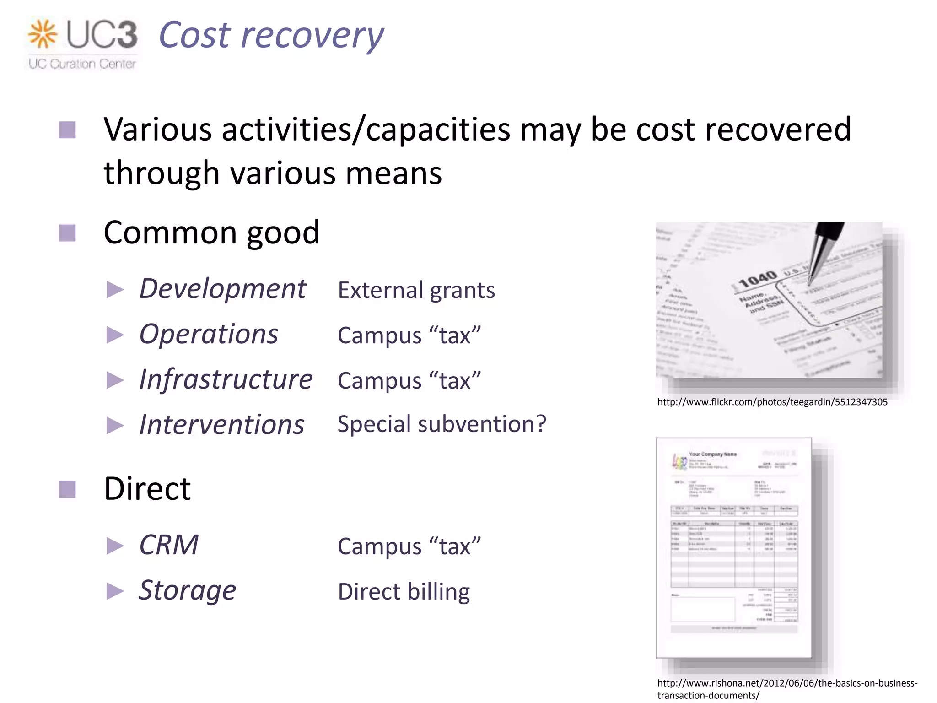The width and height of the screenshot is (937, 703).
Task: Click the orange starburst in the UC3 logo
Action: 43,34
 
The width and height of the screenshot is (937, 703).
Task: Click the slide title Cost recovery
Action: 271,35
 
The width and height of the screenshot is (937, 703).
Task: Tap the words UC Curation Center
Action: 82,64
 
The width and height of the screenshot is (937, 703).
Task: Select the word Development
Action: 222,289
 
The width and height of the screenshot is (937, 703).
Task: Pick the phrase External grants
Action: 416,290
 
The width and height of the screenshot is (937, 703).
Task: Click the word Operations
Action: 209,334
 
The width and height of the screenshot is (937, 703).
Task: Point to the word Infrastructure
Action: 226,379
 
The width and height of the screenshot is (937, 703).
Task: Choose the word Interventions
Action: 221,425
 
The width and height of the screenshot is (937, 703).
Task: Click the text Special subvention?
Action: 442,424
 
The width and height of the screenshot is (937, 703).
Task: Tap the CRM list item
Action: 169,545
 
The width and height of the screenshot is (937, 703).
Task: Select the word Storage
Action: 187,590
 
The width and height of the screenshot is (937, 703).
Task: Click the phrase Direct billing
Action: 404,591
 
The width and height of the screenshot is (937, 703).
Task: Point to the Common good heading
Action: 211,233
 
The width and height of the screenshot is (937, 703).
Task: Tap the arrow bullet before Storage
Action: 115,591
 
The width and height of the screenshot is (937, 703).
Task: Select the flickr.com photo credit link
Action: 772,402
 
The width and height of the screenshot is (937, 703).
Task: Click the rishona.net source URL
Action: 787,689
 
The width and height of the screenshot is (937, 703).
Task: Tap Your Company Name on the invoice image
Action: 712,454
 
